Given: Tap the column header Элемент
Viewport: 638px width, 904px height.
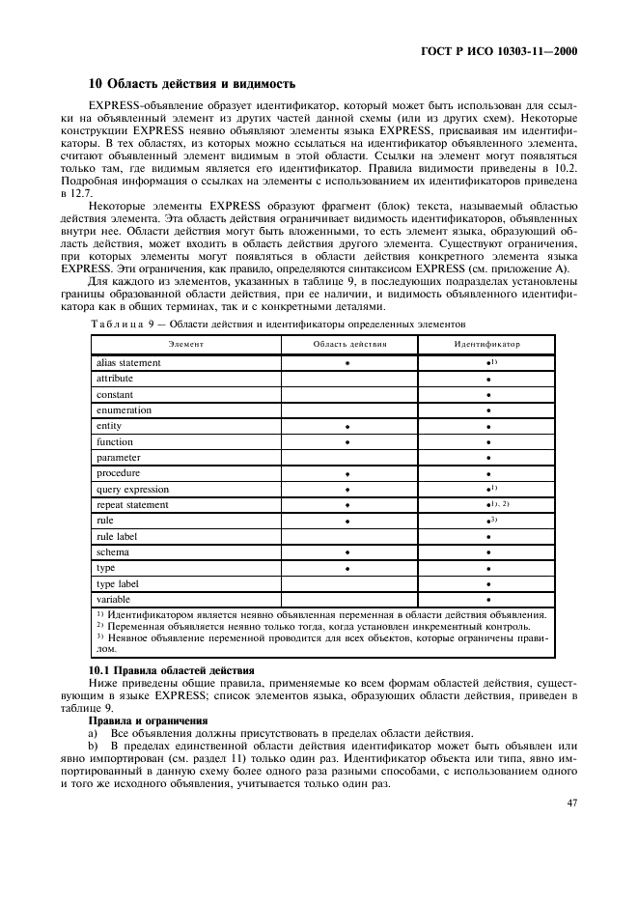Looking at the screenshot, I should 185,344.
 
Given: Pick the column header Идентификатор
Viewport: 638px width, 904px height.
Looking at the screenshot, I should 486,344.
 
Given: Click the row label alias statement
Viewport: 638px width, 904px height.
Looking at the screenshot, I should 128,363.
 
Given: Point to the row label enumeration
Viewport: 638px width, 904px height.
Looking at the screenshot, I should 124,410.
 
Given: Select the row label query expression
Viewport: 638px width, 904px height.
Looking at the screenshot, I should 132,490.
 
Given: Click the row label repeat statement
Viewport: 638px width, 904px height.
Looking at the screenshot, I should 132,505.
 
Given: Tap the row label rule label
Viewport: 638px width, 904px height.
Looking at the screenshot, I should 119,536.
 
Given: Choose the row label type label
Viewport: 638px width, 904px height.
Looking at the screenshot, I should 118,583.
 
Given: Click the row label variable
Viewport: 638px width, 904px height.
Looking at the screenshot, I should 114,600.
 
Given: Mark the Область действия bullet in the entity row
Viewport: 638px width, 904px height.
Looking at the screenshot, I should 347,427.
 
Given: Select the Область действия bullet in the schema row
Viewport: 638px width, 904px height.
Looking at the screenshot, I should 347,553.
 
